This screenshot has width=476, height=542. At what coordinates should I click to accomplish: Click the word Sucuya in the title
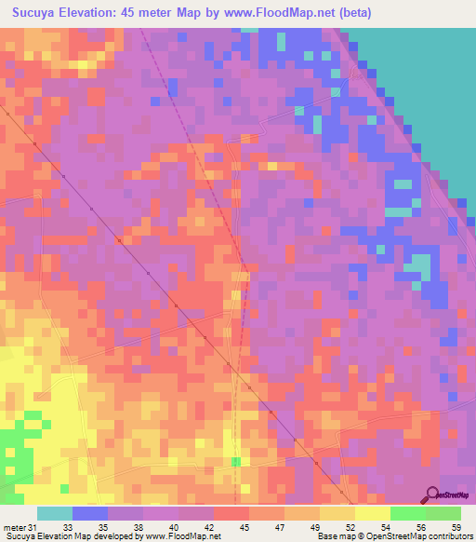tap(39, 13)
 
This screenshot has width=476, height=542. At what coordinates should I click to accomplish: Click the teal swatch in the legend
tap(55, 514)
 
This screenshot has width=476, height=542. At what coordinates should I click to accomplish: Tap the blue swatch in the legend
tap(90, 514)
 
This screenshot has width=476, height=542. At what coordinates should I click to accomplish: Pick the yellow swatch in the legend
tap(372, 514)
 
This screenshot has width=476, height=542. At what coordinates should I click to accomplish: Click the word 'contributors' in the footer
tap(447, 536)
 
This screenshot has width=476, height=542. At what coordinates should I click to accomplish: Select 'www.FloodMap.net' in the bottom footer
tap(183, 536)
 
